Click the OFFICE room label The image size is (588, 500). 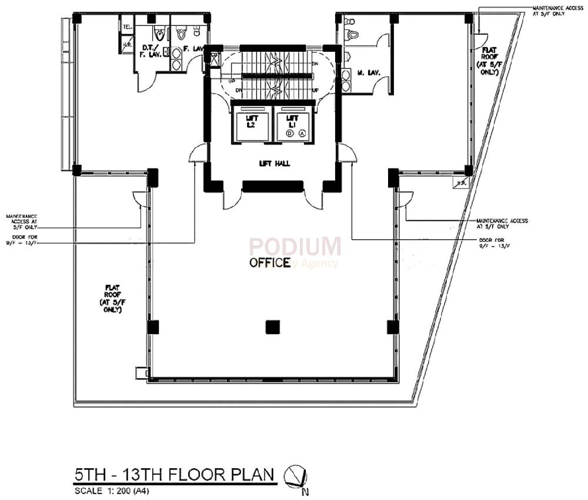270,262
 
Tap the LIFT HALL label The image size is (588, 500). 273,164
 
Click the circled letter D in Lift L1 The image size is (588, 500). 289,134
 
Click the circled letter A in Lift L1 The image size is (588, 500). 302,134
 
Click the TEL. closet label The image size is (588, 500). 127,27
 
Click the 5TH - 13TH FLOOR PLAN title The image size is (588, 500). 175,475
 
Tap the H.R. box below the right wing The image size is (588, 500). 459,184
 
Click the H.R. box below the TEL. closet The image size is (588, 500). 127,44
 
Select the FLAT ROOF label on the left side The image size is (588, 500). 113,298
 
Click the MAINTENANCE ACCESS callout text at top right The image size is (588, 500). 549,11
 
